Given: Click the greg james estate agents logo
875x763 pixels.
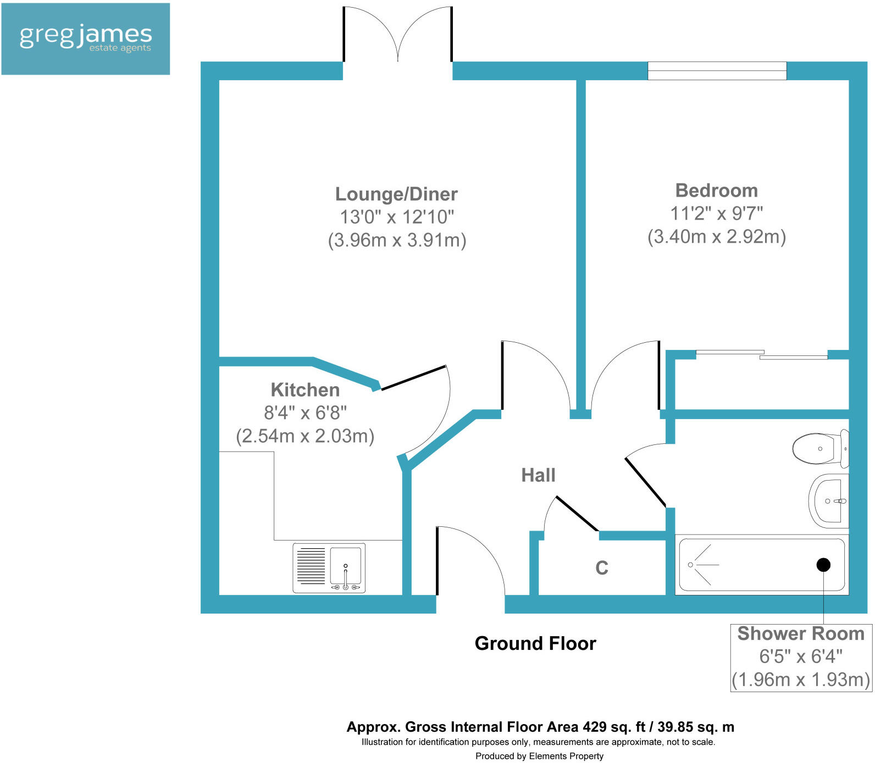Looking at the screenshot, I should click(x=86, y=38).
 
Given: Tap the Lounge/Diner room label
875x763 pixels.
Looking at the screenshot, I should click(x=396, y=194).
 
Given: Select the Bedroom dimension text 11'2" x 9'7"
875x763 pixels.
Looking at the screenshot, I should click(x=716, y=213).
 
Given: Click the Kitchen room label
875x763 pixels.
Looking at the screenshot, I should click(x=305, y=390).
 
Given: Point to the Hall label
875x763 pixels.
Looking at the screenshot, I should click(x=538, y=475).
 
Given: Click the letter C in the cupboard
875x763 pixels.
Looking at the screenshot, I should click(x=602, y=568).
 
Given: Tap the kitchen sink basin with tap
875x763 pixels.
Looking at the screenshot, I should click(x=346, y=566).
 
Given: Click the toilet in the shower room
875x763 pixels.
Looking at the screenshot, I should click(x=818, y=449).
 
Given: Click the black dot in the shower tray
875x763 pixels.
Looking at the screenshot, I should click(x=823, y=565).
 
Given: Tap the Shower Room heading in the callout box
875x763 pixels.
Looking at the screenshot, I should click(x=801, y=634).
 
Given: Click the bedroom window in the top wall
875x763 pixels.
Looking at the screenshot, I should click(x=717, y=71).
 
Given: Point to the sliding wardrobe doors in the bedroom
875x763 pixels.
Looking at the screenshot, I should click(x=762, y=354).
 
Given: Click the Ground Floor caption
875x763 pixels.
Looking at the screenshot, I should click(x=535, y=643).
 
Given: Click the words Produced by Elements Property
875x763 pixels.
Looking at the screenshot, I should click(x=539, y=756).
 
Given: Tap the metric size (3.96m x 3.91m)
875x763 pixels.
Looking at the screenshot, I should click(x=397, y=241).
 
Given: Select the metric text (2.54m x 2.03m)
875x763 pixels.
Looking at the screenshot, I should click(x=305, y=436).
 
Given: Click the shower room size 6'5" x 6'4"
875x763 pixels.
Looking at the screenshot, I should click(x=800, y=656).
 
